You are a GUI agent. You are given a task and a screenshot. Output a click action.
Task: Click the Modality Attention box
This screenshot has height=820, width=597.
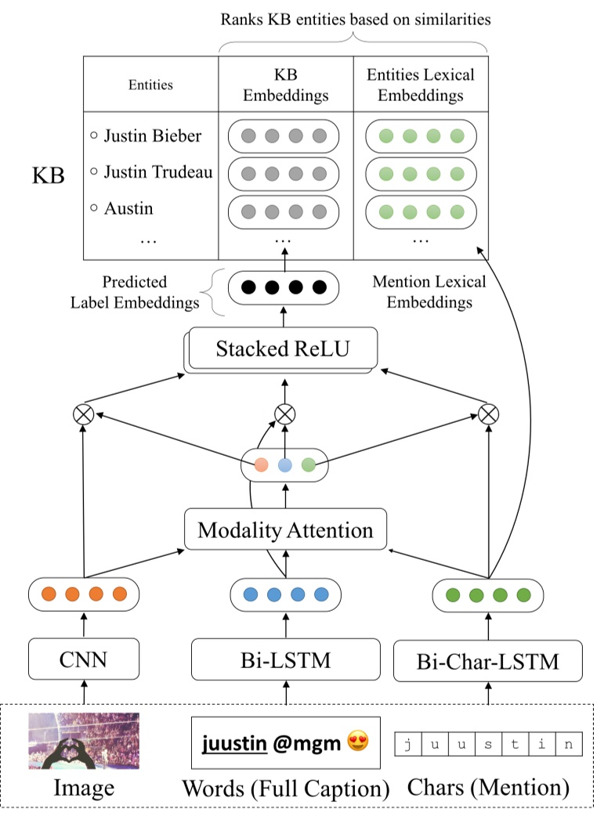pos(285,530)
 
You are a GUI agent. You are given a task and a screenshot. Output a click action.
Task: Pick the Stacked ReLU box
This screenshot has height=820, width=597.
pos(283,349)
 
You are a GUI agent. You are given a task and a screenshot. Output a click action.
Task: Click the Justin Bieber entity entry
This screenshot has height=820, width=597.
pos(147,135)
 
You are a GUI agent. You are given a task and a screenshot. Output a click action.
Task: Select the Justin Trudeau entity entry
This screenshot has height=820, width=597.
pos(152,171)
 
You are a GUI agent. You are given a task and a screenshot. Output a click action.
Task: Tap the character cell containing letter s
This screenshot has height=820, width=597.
pos(487,744)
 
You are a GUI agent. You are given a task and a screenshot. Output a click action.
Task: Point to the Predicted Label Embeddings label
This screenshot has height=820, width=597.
pos(135,291)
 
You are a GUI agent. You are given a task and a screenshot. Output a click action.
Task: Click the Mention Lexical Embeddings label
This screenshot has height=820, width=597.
pos(429,291)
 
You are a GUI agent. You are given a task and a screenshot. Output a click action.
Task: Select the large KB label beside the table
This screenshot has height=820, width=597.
pos(48,174)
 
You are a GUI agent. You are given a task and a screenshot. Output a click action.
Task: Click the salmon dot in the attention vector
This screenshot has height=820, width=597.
pos(261,464)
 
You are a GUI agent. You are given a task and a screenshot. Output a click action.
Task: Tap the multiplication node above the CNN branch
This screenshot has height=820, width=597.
pos(82,413)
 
